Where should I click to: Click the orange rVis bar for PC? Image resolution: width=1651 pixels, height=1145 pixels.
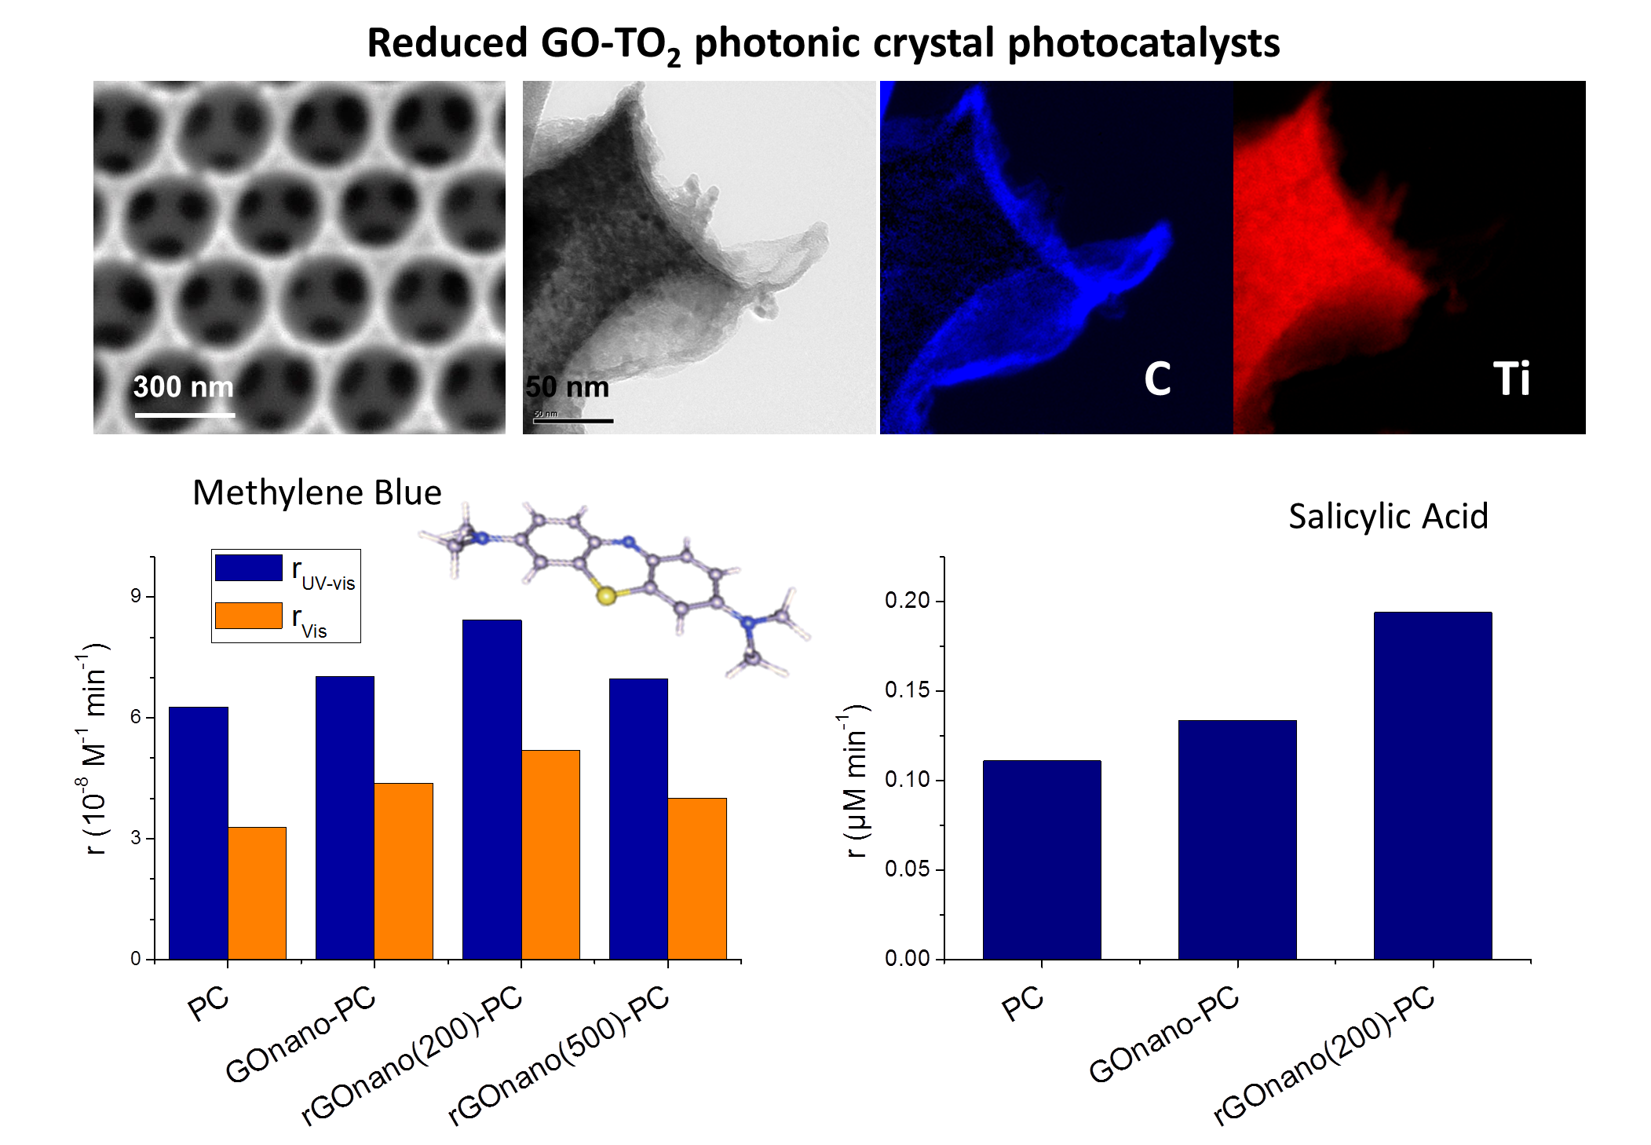coord(258,893)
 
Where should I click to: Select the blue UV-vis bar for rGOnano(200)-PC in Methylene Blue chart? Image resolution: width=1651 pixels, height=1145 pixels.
coord(491,789)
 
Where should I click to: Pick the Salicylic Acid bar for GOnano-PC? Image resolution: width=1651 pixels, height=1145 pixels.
coord(1237,840)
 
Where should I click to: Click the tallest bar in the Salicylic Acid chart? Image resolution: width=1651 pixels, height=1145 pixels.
coord(1433,785)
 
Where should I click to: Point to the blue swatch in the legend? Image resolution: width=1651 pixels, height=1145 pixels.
coord(249,569)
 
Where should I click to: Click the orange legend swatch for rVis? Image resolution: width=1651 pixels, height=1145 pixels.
coord(249,616)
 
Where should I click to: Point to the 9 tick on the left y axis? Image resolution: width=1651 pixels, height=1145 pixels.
coord(136,596)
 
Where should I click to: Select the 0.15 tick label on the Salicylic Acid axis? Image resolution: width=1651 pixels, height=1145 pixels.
coord(907,690)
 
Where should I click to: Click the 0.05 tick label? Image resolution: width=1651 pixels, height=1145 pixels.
coord(907,869)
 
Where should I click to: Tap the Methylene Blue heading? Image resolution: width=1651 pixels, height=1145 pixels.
coord(317,493)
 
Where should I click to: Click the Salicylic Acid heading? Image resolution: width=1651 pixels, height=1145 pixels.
coord(1388,517)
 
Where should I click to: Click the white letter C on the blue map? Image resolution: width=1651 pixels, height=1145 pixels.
coord(1157,379)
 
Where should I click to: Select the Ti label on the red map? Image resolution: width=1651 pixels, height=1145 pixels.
coord(1511,379)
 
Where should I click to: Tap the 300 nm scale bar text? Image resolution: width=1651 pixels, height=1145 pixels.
coord(184,387)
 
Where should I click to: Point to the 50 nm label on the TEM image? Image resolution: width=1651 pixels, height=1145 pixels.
coord(568,387)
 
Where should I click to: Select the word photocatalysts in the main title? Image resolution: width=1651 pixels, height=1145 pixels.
coord(1143,43)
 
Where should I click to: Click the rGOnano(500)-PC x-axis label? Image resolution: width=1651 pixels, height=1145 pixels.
coord(558,1055)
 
